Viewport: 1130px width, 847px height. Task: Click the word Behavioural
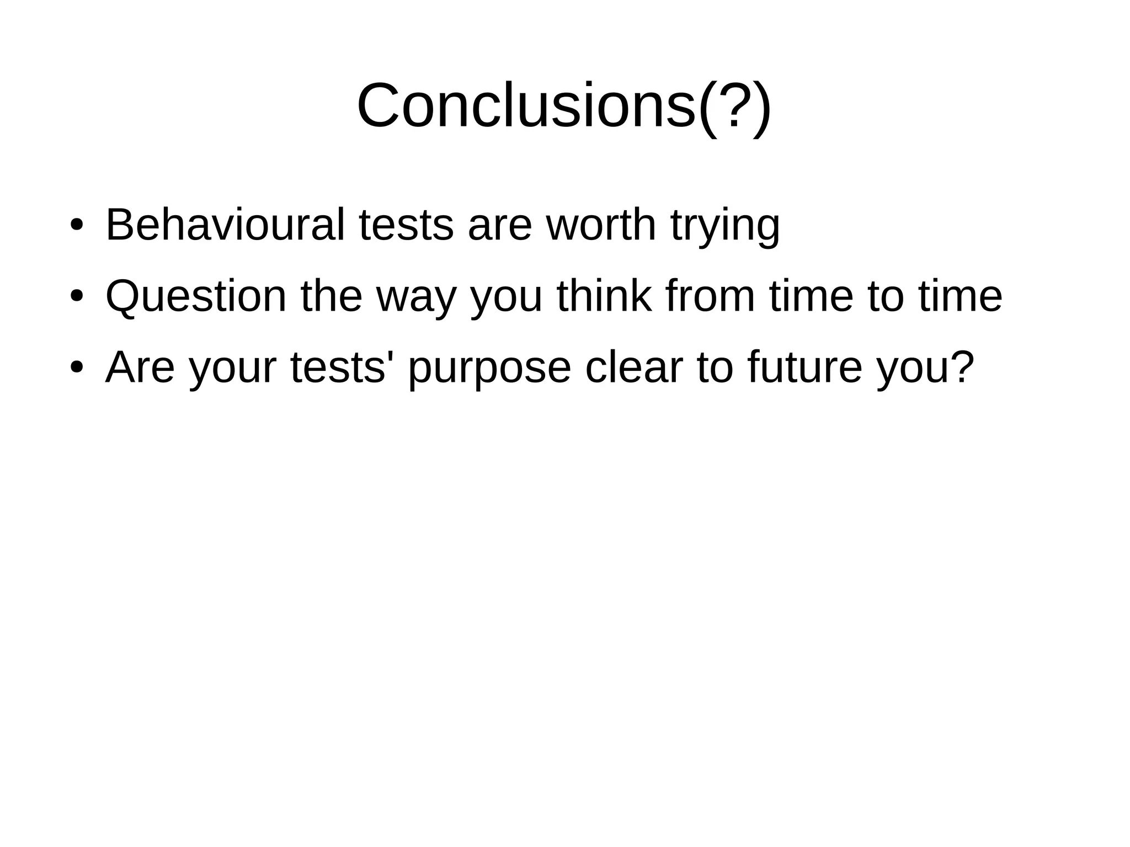point(225,225)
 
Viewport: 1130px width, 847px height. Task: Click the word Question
point(196,296)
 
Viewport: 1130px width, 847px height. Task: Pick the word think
point(604,296)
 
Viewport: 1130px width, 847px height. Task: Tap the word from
point(710,296)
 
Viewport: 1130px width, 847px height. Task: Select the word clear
point(633,367)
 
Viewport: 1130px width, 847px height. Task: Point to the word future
point(804,367)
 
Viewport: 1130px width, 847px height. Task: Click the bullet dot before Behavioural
point(77,226)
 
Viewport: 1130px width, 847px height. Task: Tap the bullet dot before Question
point(77,297)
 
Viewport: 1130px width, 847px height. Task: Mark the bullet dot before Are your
point(77,368)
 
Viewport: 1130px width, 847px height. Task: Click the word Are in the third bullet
point(140,367)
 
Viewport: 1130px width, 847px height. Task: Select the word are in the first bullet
point(499,226)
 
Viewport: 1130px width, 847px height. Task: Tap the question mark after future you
point(962,367)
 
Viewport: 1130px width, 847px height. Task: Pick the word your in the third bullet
point(232,370)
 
